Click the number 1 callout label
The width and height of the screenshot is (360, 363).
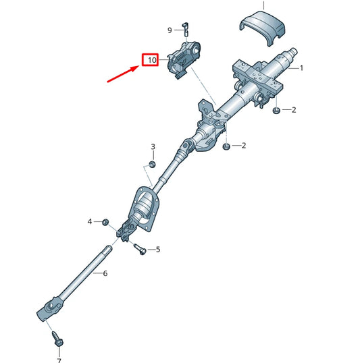(301, 68)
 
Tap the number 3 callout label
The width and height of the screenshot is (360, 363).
(153, 146)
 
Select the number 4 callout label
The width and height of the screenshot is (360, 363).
(90, 221)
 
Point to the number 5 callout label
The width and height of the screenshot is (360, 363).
(158, 250)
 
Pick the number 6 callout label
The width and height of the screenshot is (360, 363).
(105, 273)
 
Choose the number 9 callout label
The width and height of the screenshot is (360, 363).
(170, 30)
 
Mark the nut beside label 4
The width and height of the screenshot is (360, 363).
(106, 221)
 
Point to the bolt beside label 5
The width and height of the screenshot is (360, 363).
(140, 249)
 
